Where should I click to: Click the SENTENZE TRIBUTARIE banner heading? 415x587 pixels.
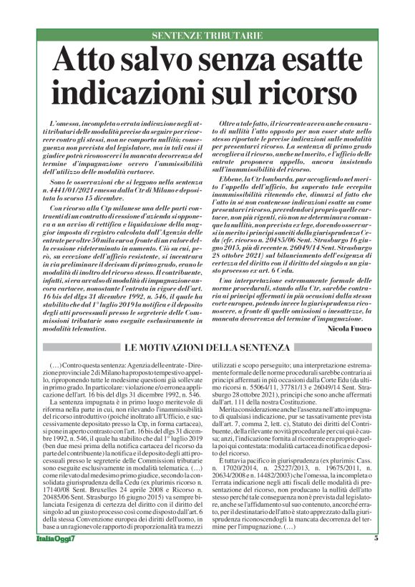tap(207, 35)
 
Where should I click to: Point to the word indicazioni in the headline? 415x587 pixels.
tap(142, 91)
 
